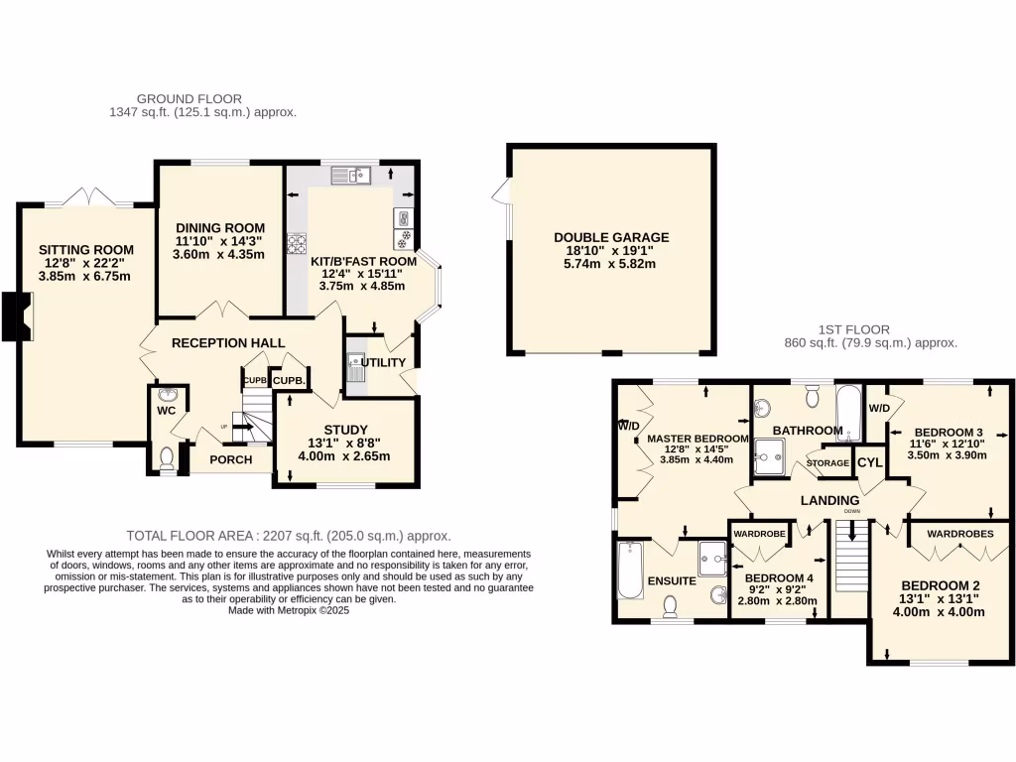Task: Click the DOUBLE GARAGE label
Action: pos(611,238)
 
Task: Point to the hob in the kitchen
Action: pos(296,241)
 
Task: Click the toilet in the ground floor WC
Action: pos(167,456)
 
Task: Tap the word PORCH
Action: pos(229,459)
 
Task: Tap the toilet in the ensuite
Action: pos(671,604)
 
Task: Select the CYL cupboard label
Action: pos(869,462)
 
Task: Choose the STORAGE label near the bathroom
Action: pos(827,463)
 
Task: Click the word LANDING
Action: pos(829,500)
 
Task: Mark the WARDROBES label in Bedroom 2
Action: pos(958,534)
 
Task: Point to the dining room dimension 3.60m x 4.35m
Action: pos(219,254)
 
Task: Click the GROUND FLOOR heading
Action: pos(189,99)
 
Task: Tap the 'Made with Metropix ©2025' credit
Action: pos(289,611)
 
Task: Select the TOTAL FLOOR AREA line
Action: pos(288,534)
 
